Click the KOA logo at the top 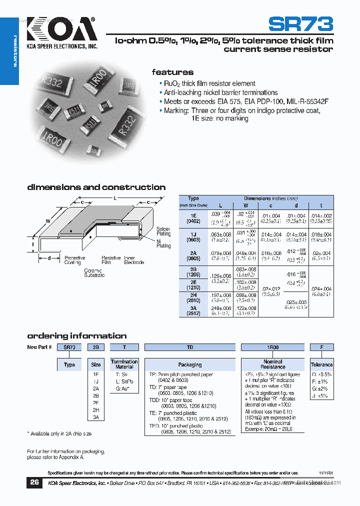pos(60,30)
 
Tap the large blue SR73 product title pos(300,23)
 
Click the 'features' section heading pos(172,72)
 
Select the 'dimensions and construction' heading pos(96,187)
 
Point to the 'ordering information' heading pos(77,335)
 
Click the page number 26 pos(34,482)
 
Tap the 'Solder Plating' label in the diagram pos(163,231)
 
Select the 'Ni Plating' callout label pos(163,243)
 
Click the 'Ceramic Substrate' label pos(94,273)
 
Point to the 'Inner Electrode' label pos(134,260)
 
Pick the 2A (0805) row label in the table pos(193,255)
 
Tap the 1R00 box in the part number pos(272,347)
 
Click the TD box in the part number pos(190,347)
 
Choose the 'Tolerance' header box pos(321,364)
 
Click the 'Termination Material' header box pos(124,364)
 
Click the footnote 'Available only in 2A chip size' pos(59,433)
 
